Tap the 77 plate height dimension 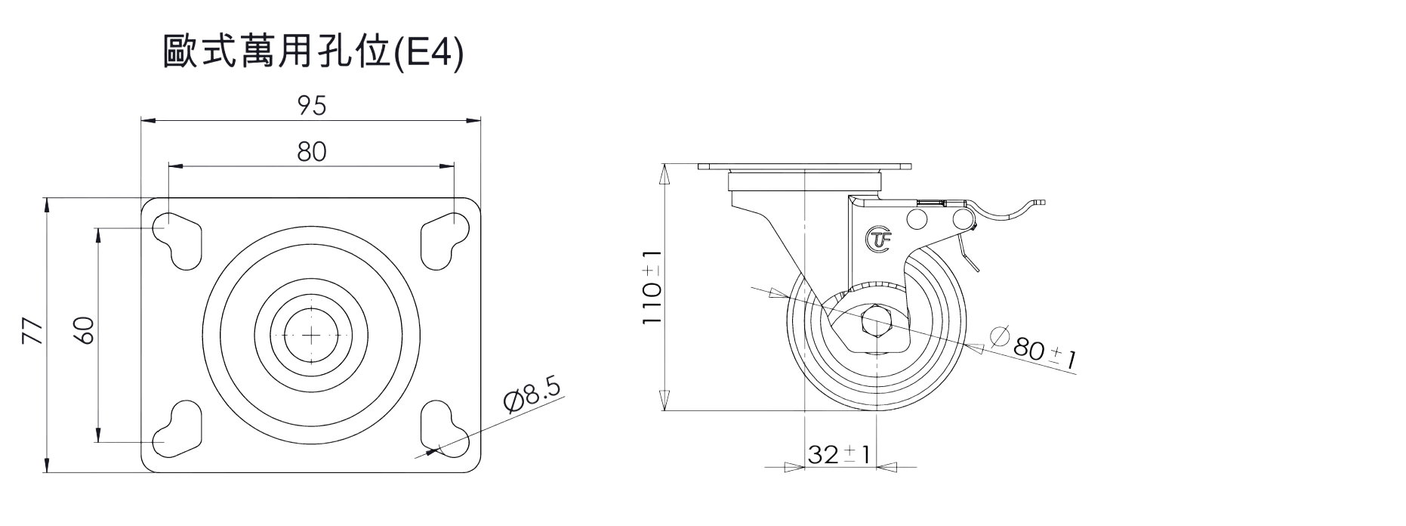click(32, 333)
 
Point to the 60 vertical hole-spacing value click(85, 331)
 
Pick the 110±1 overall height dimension click(652, 288)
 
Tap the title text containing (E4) click(312, 54)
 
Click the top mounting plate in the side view click(806, 166)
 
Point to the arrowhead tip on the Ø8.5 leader click(427, 453)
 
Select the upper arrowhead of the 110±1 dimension click(664, 169)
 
